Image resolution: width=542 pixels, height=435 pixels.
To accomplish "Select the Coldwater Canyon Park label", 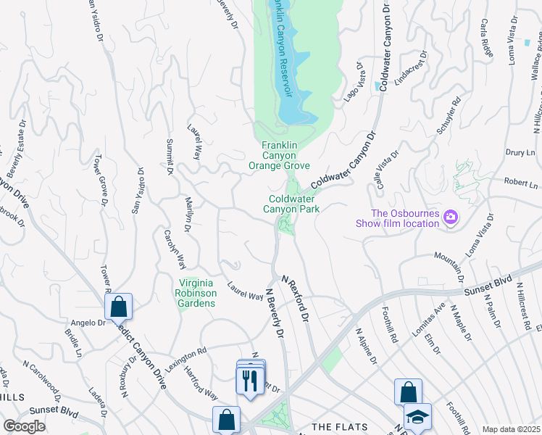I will coord(294,204).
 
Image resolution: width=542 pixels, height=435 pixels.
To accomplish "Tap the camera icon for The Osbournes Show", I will coord(451,217).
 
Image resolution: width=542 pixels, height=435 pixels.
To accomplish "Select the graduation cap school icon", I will coord(417,418).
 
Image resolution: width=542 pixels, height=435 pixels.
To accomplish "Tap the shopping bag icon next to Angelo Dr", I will coord(118,307).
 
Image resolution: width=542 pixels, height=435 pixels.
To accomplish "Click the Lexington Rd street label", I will coord(185,360).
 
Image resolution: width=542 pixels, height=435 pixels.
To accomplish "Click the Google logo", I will coord(24,426).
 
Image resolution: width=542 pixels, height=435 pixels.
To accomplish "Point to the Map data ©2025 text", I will coord(511,429).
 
